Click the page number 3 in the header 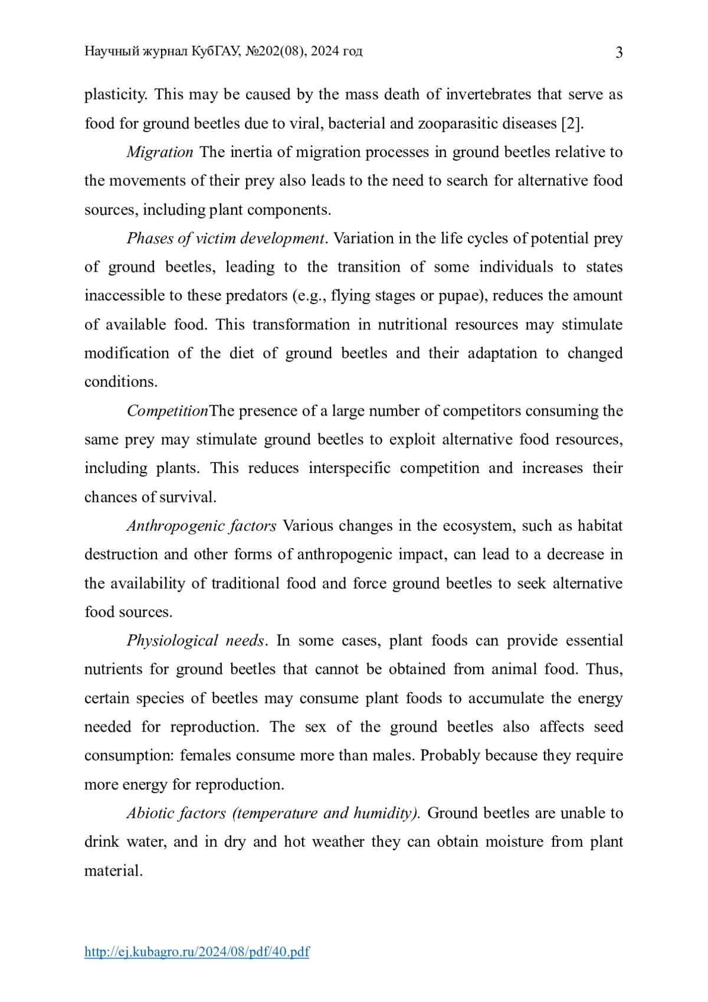pos(619,53)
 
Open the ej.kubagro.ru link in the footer pos(196,951)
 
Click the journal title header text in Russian pos(223,51)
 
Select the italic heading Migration pos(160,152)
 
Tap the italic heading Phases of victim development pos(226,239)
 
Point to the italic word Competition pos(168,411)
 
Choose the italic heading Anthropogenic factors pos(201,526)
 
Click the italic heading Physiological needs pos(195,641)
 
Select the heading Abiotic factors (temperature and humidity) pos(273,813)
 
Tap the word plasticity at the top pos(115,94)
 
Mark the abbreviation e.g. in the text pos(312,296)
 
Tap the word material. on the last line pos(114,871)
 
